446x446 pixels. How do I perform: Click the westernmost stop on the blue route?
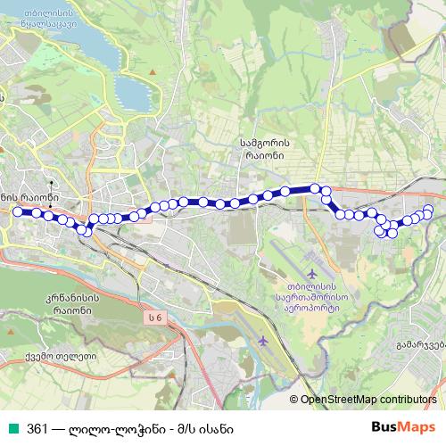coord(16,211)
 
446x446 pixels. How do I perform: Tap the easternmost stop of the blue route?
coord(428,211)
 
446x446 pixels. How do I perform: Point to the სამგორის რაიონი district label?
coord(261,146)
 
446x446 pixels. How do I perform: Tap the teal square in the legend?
coord(12,427)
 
